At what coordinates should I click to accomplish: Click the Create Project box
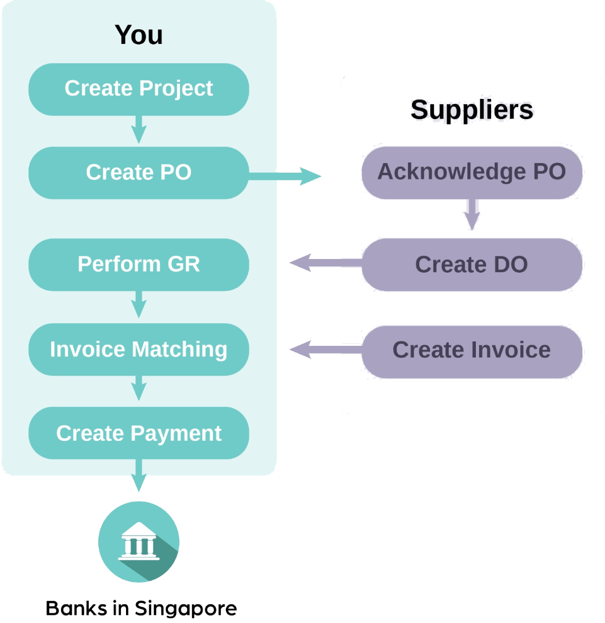point(139,89)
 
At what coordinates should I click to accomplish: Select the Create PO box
point(139,173)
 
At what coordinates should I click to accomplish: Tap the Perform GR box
point(139,265)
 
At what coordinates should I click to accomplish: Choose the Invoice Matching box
point(139,349)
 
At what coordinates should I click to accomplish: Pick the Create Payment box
point(139,433)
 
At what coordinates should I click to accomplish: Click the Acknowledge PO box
point(472,172)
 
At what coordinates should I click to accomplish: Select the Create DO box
point(472,265)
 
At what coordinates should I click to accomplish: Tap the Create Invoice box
point(472,350)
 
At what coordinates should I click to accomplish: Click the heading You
point(139,35)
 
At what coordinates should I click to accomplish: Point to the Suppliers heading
point(472,110)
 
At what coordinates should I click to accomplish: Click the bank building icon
point(139,542)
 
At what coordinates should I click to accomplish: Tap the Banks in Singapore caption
point(141,608)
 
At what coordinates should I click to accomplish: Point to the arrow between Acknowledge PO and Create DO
point(472,215)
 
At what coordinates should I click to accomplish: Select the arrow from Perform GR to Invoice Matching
point(139,304)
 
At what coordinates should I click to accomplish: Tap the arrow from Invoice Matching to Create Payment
point(139,389)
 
